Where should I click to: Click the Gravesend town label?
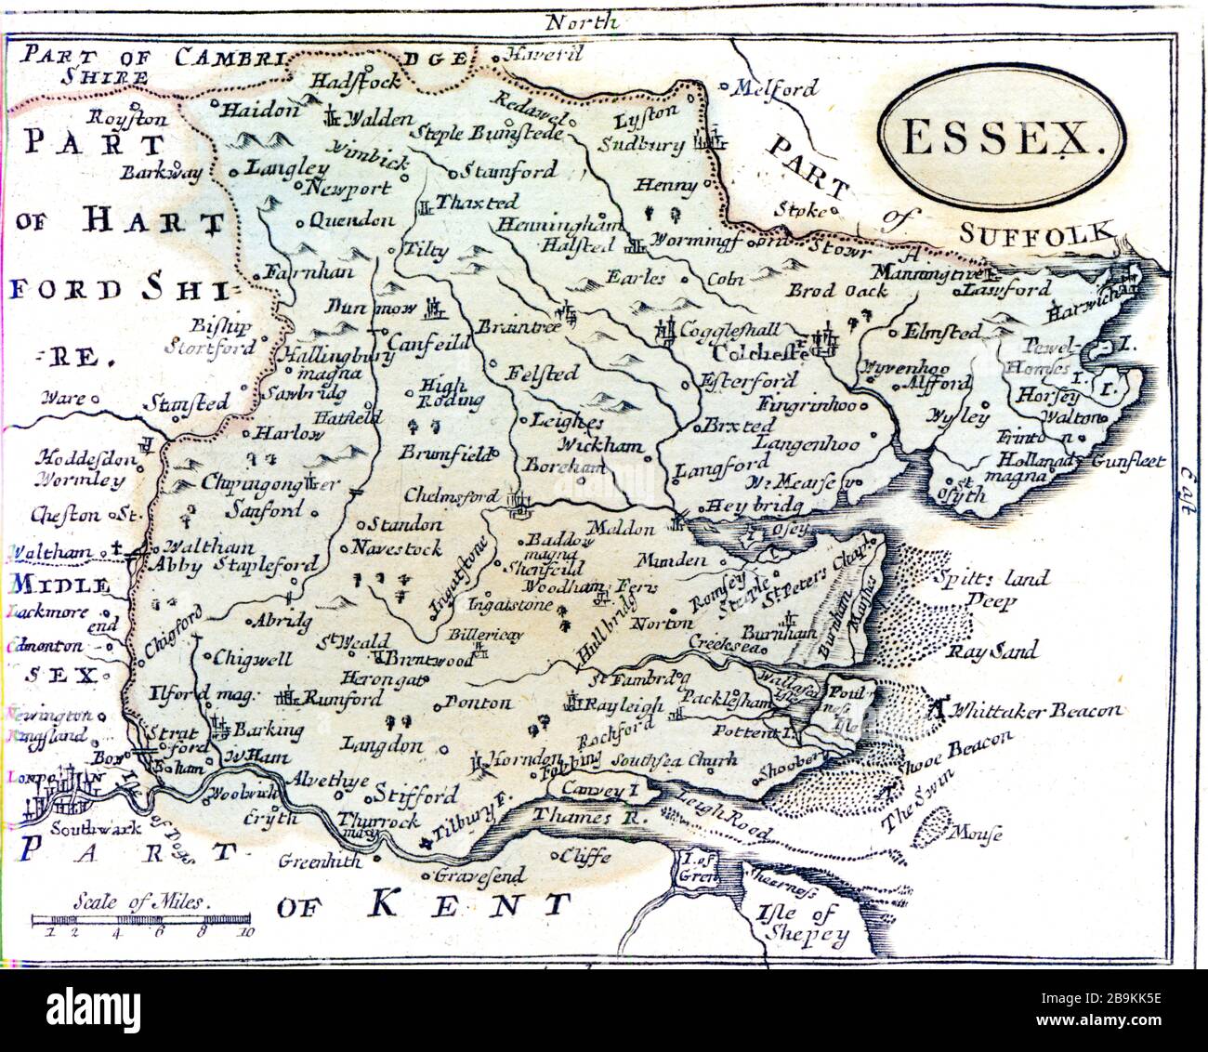pyautogui.click(x=480, y=875)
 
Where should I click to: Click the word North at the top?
pyautogui.click(x=582, y=20)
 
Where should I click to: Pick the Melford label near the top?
pyautogui.click(x=775, y=89)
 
